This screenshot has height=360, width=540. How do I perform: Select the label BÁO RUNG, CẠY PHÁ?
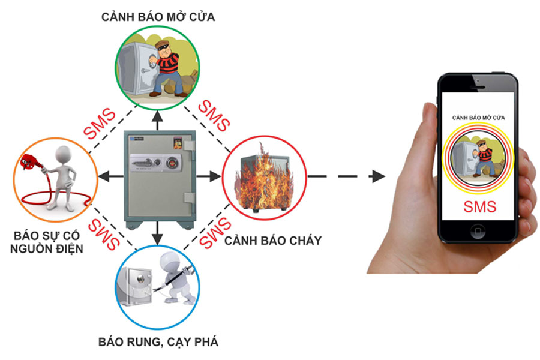158,343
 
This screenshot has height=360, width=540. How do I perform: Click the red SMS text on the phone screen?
479,207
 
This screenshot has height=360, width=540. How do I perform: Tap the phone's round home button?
478,231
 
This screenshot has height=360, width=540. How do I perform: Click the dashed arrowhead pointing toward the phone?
377,176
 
